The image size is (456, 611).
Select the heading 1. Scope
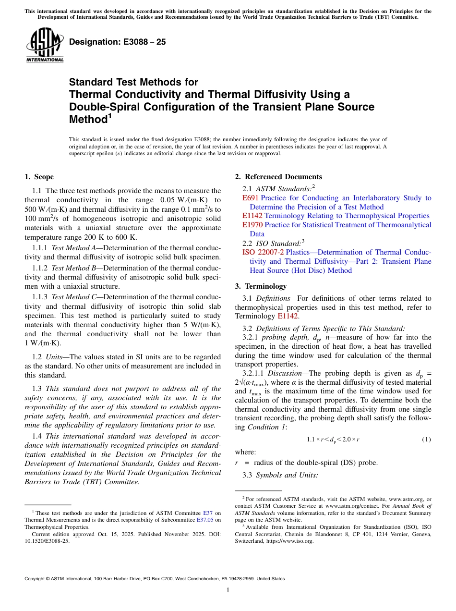click(x=39, y=177)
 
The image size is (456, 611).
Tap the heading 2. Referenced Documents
click(x=278, y=177)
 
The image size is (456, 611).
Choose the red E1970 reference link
click(x=252, y=225)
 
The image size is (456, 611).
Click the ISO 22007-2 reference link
click(x=263, y=252)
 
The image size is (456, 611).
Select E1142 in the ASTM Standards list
click(x=252, y=216)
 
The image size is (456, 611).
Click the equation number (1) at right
click(x=426, y=440)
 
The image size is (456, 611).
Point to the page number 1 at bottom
click(x=228, y=590)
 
